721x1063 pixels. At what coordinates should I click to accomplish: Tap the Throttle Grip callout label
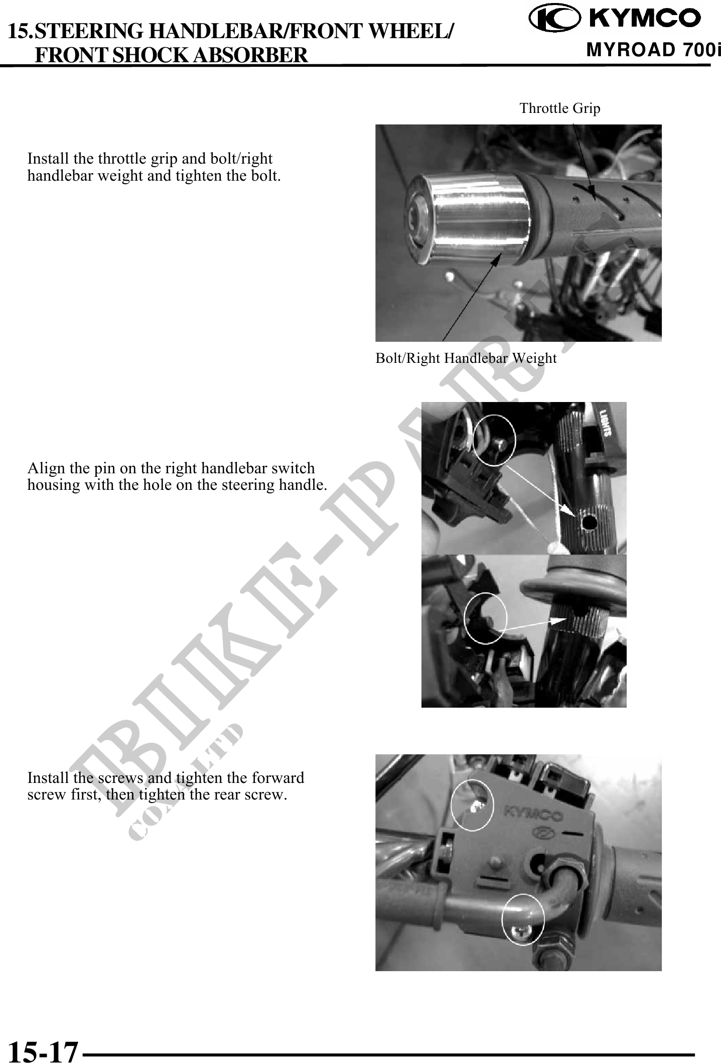[560, 108]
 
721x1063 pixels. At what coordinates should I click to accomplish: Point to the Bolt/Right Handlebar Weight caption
[466, 358]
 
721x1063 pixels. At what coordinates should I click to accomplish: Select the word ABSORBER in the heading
[250, 54]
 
